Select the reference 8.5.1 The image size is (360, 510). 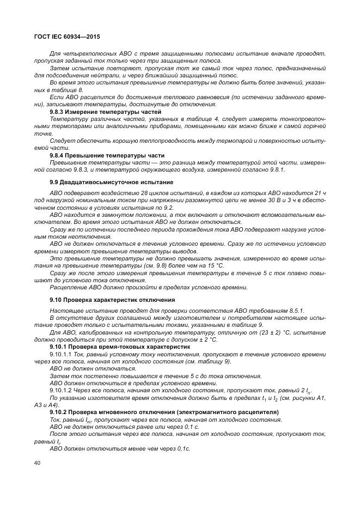pyautogui.click(x=295, y=310)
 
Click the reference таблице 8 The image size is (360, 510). pyautogui.click(x=71, y=89)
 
